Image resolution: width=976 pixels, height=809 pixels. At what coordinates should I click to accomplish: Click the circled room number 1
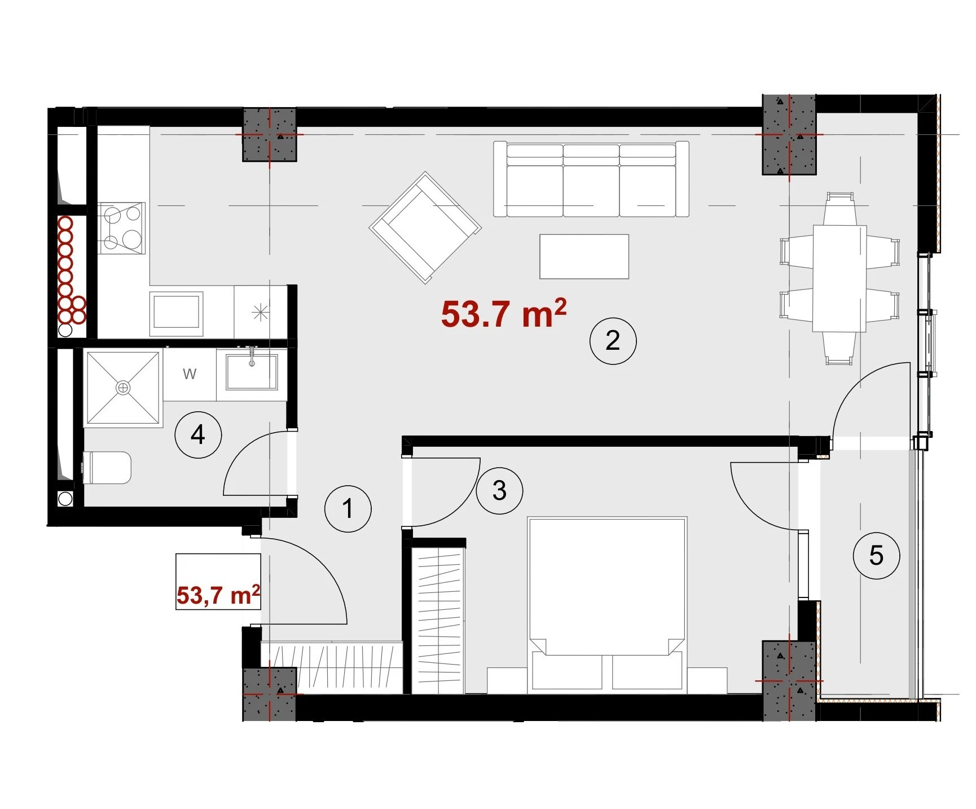[348, 508]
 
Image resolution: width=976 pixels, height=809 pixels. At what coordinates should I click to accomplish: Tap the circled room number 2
[613, 340]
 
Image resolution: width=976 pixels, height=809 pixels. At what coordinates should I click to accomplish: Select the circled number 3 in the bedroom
[499, 490]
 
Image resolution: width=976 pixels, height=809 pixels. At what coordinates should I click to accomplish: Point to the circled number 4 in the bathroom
[198, 434]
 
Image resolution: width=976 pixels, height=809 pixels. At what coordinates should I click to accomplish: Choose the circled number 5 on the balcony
[876, 555]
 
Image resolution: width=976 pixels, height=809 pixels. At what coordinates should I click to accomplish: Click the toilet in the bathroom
[107, 468]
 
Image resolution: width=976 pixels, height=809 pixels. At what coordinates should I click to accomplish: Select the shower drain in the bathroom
[122, 388]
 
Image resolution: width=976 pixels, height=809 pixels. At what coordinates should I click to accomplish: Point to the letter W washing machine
[190, 373]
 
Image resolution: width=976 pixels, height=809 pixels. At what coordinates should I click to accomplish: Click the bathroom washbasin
[252, 372]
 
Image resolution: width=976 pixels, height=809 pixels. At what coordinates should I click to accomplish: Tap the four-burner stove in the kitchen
[121, 228]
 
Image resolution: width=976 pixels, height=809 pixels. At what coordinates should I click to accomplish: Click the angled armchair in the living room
[425, 228]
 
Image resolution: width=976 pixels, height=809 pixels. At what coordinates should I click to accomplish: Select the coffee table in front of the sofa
[584, 257]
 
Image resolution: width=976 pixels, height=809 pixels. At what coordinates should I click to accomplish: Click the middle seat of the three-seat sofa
[591, 179]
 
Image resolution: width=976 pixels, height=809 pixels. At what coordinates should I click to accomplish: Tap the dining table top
[839, 279]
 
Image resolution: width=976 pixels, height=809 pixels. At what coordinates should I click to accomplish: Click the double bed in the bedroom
[607, 604]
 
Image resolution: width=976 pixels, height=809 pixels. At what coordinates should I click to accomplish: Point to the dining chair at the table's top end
[839, 209]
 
